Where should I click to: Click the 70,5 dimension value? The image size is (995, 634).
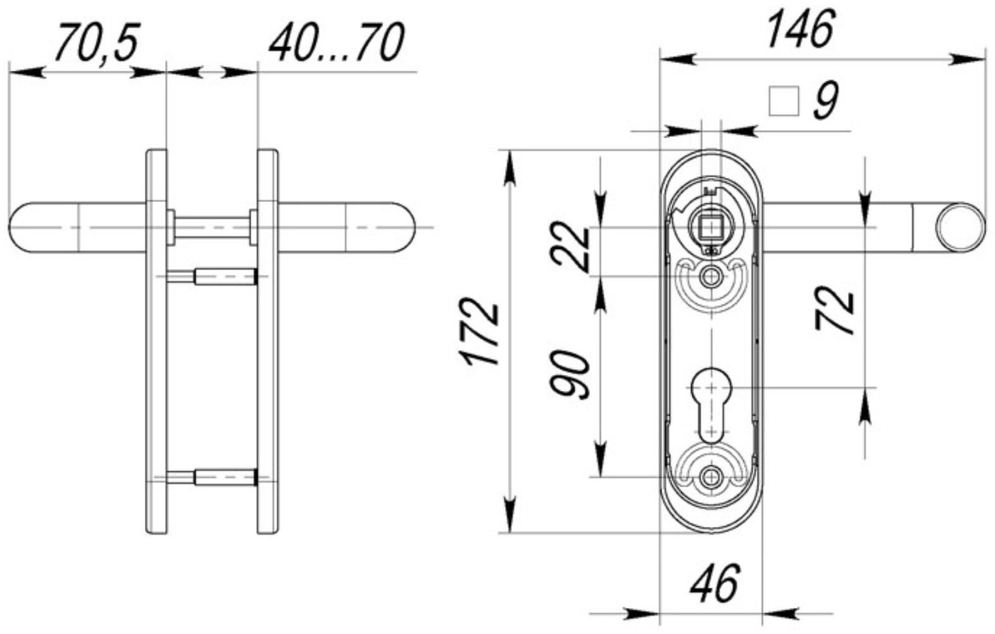click(96, 42)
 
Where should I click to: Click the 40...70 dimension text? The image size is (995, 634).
click(335, 42)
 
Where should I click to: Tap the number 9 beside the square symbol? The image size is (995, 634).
click(825, 100)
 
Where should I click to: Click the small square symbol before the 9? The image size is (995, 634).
click(783, 101)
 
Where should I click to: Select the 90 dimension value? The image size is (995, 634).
click(571, 374)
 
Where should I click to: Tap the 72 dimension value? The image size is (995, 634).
click(835, 310)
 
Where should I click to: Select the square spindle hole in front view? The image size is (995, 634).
click(710, 227)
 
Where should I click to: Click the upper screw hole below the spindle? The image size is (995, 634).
click(711, 276)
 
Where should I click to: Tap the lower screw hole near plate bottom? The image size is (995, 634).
click(711, 476)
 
